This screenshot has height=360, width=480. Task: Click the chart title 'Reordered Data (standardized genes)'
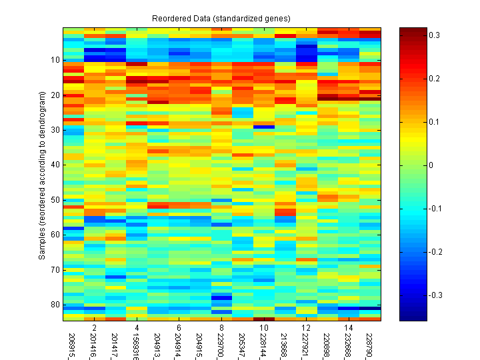[x=221, y=17]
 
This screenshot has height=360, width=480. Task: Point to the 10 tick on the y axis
[x=55, y=59]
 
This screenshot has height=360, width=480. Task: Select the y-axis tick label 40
[x=55, y=164]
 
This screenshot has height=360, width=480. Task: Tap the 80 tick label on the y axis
[x=55, y=304]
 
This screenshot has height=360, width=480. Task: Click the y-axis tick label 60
[x=55, y=234]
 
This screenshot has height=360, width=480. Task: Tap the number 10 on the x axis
[x=263, y=328]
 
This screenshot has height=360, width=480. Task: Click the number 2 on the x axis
[x=95, y=328]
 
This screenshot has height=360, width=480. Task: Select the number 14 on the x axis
[x=349, y=328]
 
